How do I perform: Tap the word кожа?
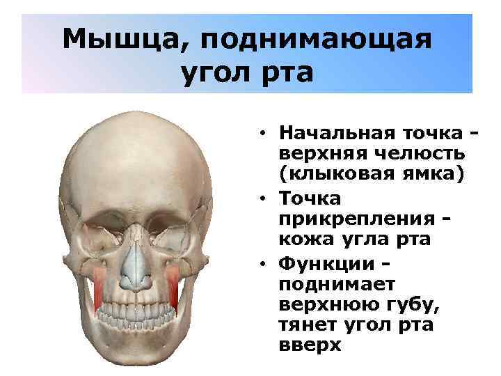coord(302,241)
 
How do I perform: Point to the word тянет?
coord(308,325)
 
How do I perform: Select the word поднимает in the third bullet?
coord(336,285)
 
